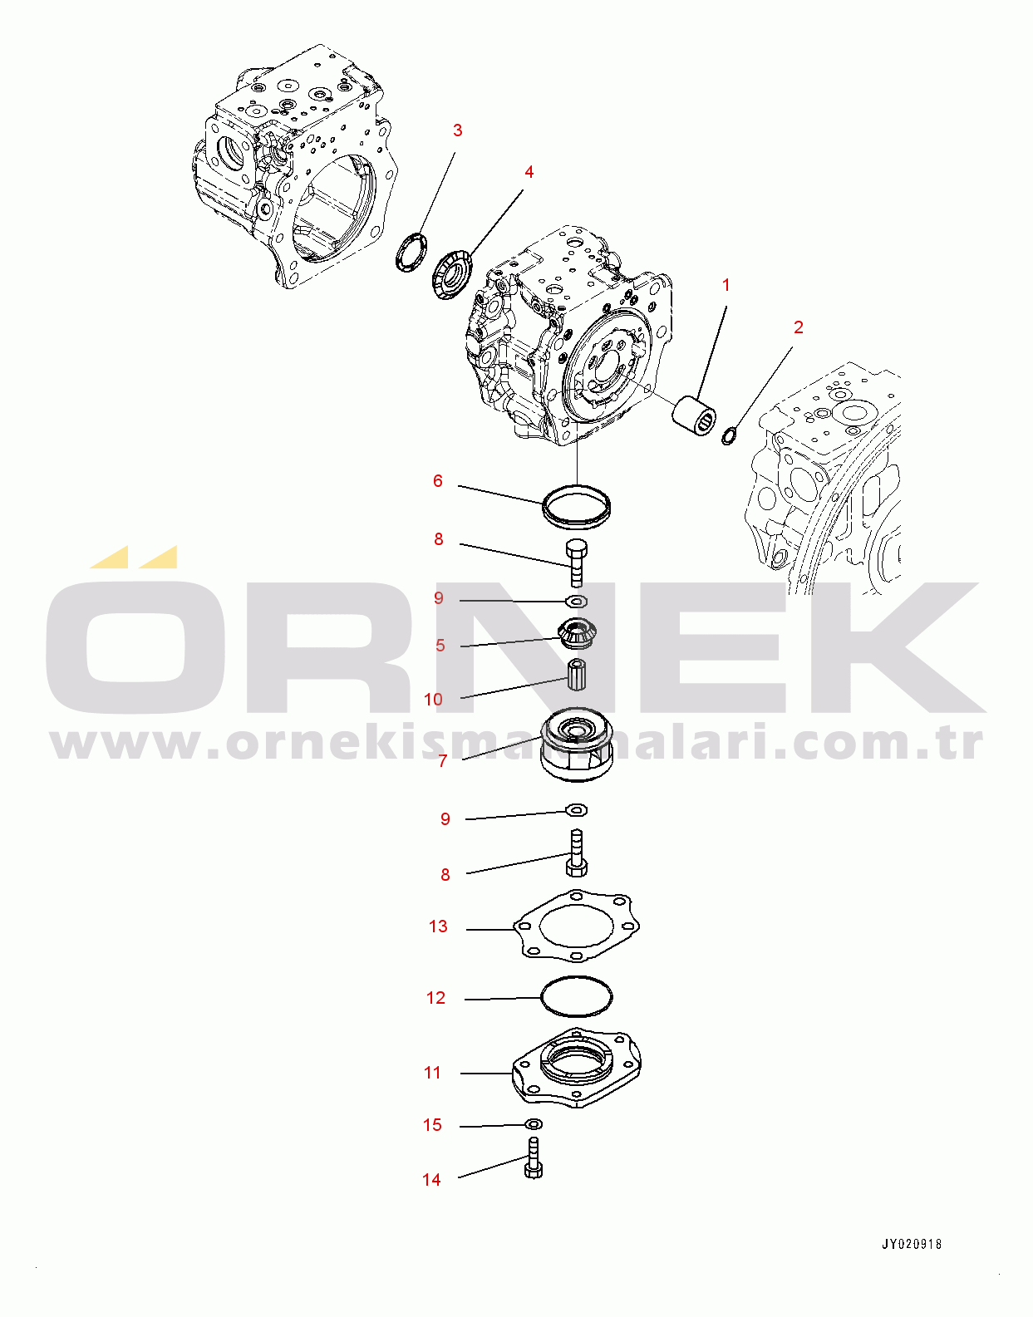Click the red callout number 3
click(458, 130)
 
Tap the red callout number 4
click(529, 172)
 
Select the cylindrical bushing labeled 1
click(695, 415)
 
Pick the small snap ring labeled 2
click(729, 435)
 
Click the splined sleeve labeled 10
click(576, 675)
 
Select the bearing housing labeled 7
click(577, 744)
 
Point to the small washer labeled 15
click(534, 1125)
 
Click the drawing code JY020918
click(911, 1244)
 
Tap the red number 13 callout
click(438, 926)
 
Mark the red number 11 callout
click(431, 1073)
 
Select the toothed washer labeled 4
click(451, 274)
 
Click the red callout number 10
click(433, 700)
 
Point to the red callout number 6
click(438, 481)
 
